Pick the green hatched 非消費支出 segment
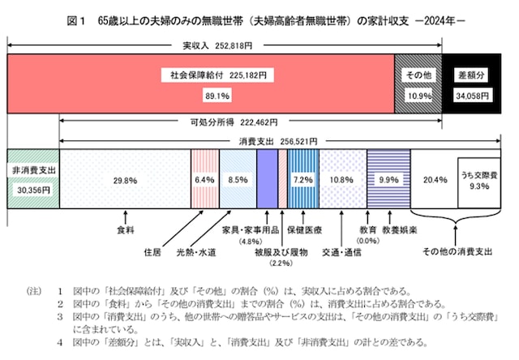32,179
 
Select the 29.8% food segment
124,179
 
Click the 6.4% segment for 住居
204,179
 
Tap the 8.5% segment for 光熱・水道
238,179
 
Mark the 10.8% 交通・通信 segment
342,179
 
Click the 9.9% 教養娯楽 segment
388,179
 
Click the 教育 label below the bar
368,230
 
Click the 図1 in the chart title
78,17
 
